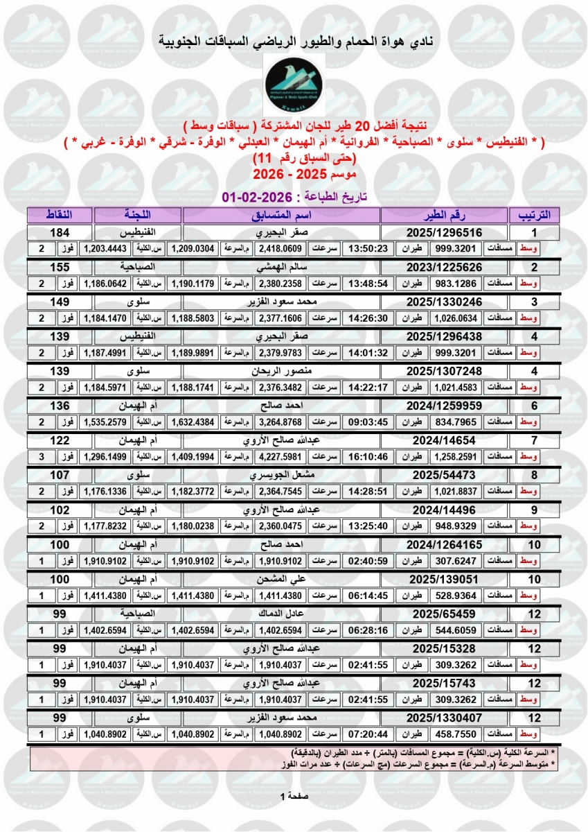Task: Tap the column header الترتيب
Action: (534, 214)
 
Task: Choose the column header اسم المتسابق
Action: (283, 214)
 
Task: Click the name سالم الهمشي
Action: (283, 267)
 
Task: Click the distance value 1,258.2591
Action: (456, 456)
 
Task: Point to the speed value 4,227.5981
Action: (281, 456)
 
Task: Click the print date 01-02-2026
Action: (254, 198)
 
